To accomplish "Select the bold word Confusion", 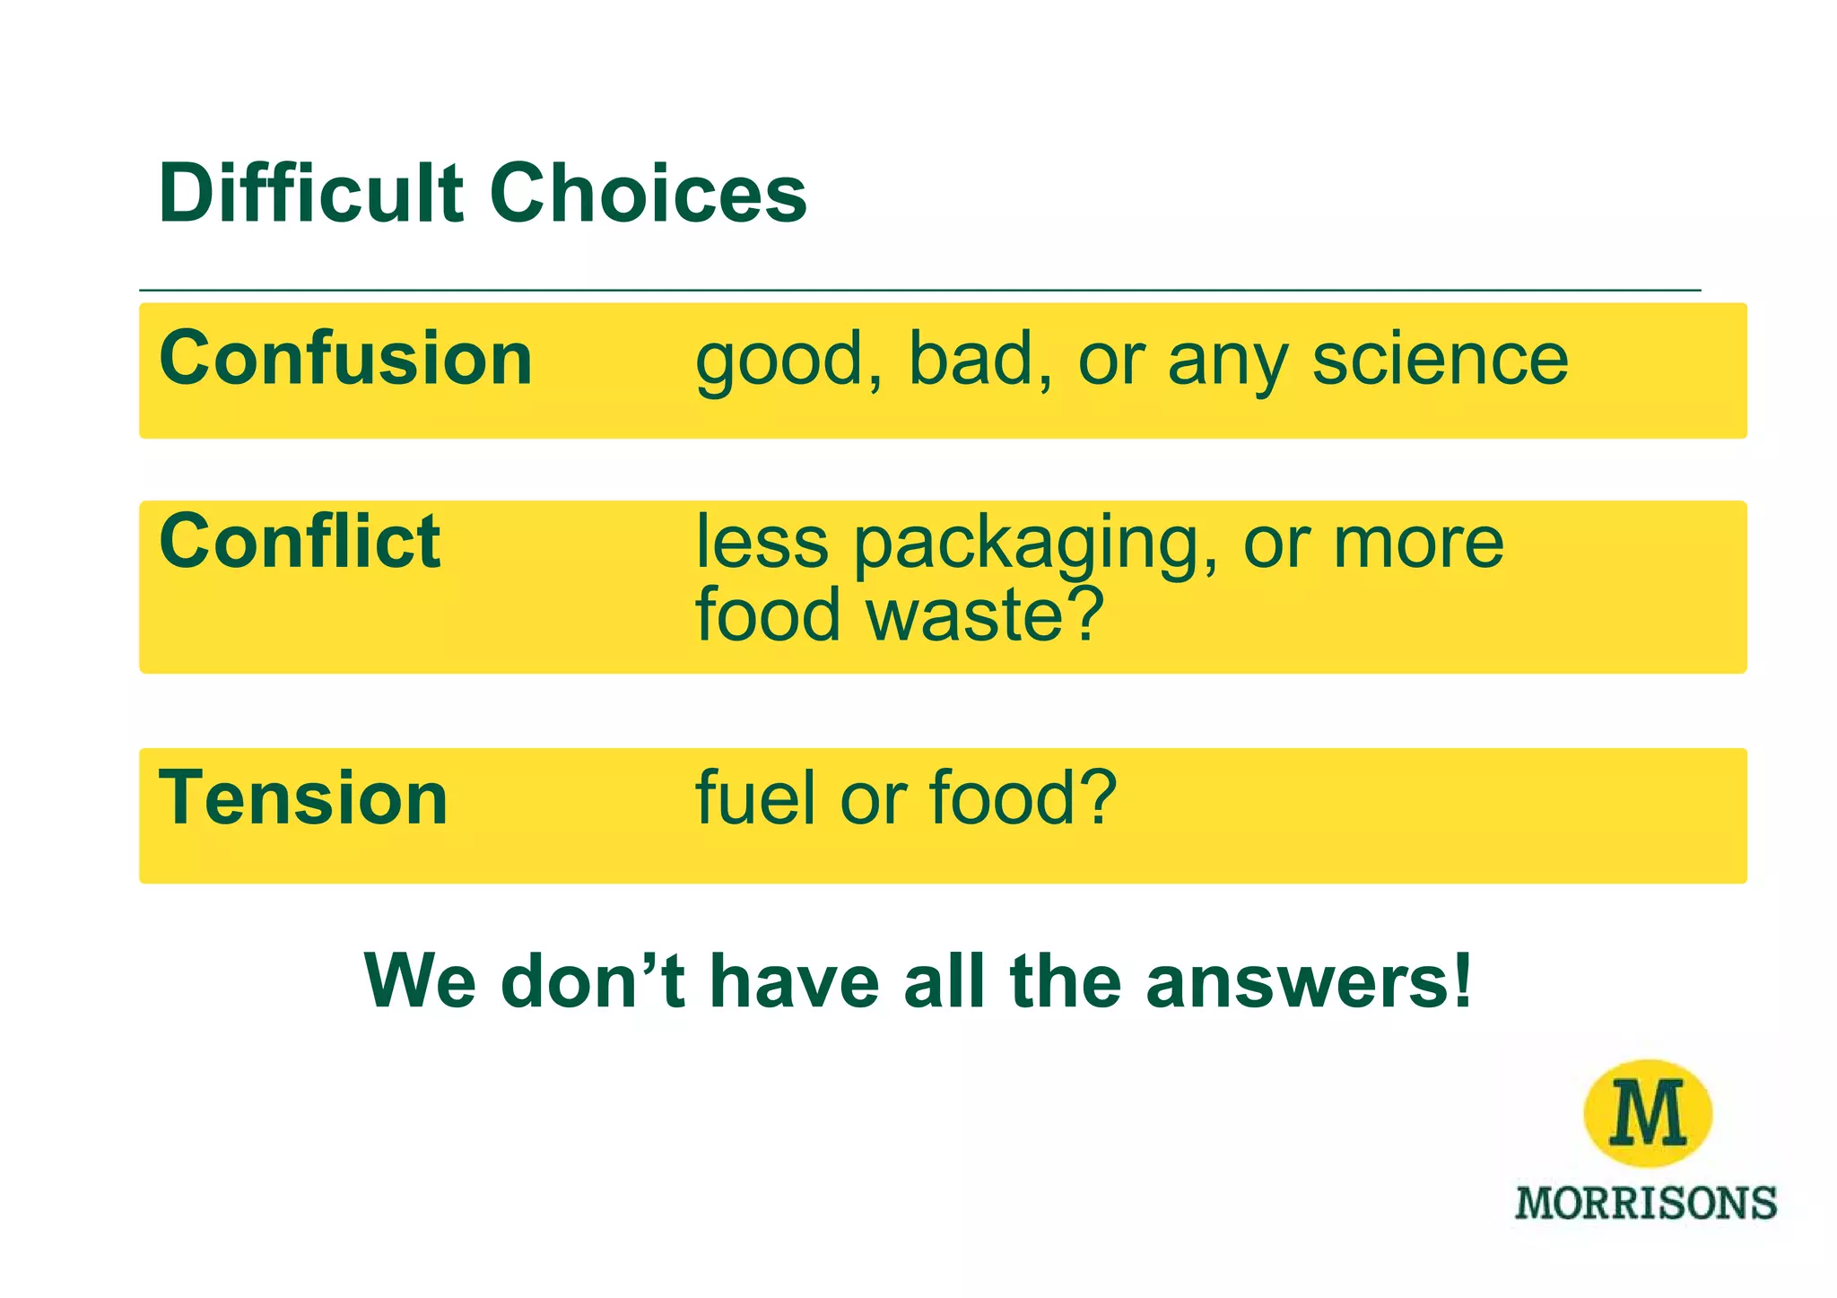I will point(345,359).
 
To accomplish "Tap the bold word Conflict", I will point(299,542).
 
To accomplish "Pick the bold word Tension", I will point(302,798).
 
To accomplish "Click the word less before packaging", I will point(762,543).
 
